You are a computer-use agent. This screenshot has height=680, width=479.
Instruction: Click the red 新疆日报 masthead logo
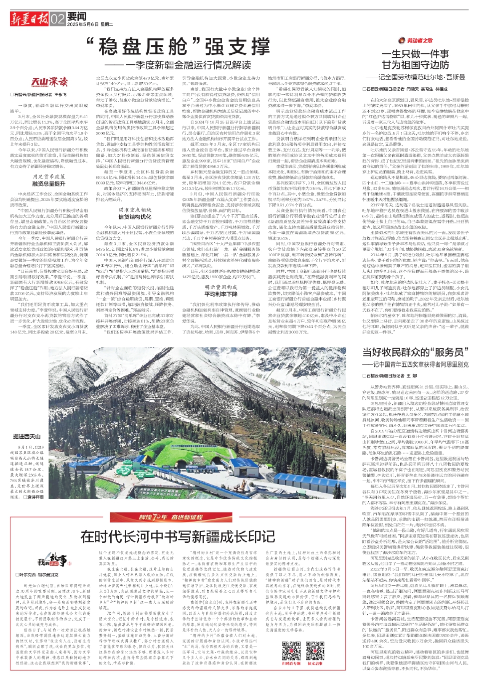[x=29, y=19]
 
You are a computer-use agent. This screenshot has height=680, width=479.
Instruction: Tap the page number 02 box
[x=57, y=19]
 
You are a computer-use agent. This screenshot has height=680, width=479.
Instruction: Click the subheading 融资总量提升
[x=48, y=183]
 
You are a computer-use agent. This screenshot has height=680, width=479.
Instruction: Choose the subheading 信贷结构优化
[x=134, y=217]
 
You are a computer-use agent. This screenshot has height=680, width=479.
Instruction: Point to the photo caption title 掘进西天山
[x=27, y=436]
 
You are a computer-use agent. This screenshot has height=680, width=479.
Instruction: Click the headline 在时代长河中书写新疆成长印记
[x=178, y=536]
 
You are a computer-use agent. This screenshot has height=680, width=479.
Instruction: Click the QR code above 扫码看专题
[x=291, y=650]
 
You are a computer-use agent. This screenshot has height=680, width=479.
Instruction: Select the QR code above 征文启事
[x=315, y=650]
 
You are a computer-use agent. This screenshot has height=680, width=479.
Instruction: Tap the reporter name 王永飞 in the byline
[x=60, y=94]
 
